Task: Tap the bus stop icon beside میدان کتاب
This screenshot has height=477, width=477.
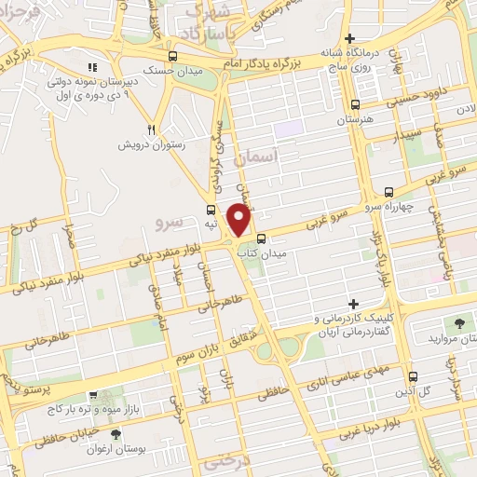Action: tap(261, 238)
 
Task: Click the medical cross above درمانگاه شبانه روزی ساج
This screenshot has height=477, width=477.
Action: tap(349, 39)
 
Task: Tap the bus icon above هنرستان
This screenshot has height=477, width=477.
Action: tap(355, 105)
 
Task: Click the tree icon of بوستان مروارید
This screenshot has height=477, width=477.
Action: tap(457, 322)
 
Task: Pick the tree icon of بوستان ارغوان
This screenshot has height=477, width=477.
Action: tap(116, 435)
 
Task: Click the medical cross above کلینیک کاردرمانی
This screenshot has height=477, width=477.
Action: tap(353, 304)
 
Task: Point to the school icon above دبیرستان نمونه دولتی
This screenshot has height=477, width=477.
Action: tap(91, 67)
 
